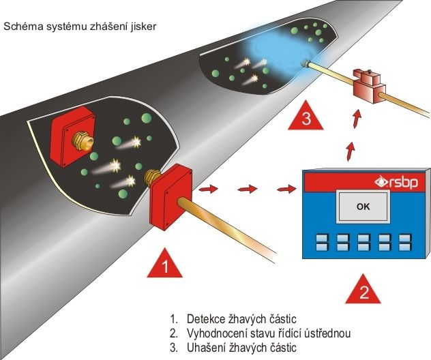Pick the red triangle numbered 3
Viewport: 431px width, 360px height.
306,117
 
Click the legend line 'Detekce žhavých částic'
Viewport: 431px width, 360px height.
238,319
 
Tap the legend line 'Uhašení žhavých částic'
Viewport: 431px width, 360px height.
237,348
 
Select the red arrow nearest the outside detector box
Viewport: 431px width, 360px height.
211,188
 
